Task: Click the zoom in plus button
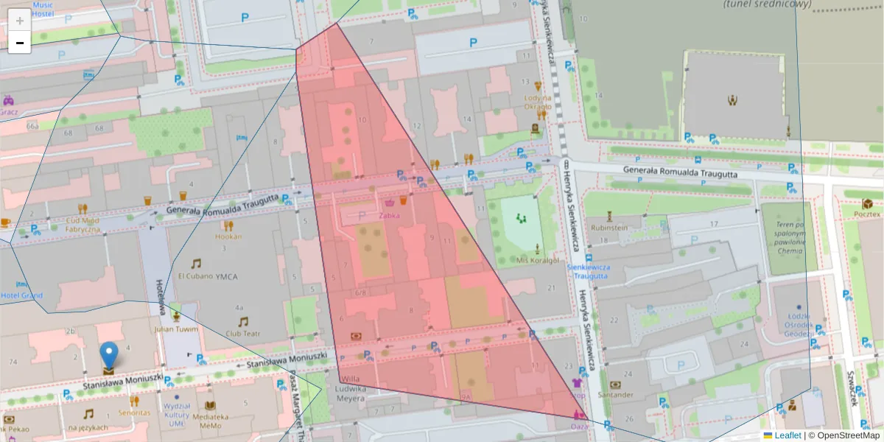[x=20, y=20]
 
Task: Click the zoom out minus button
[x=20, y=43]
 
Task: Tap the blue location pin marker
[x=108, y=357]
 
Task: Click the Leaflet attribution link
[x=787, y=435]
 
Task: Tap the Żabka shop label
[x=390, y=216]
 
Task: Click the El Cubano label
[x=194, y=276]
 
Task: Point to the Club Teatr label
[x=243, y=332]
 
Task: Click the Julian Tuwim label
[x=175, y=329]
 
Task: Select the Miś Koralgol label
[x=538, y=260]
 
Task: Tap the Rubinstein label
[x=608, y=228]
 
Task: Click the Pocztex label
[x=867, y=214]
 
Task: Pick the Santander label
[x=616, y=394]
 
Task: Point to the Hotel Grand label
[x=21, y=295]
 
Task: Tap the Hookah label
[x=228, y=236]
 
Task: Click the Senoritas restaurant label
[x=134, y=413]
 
